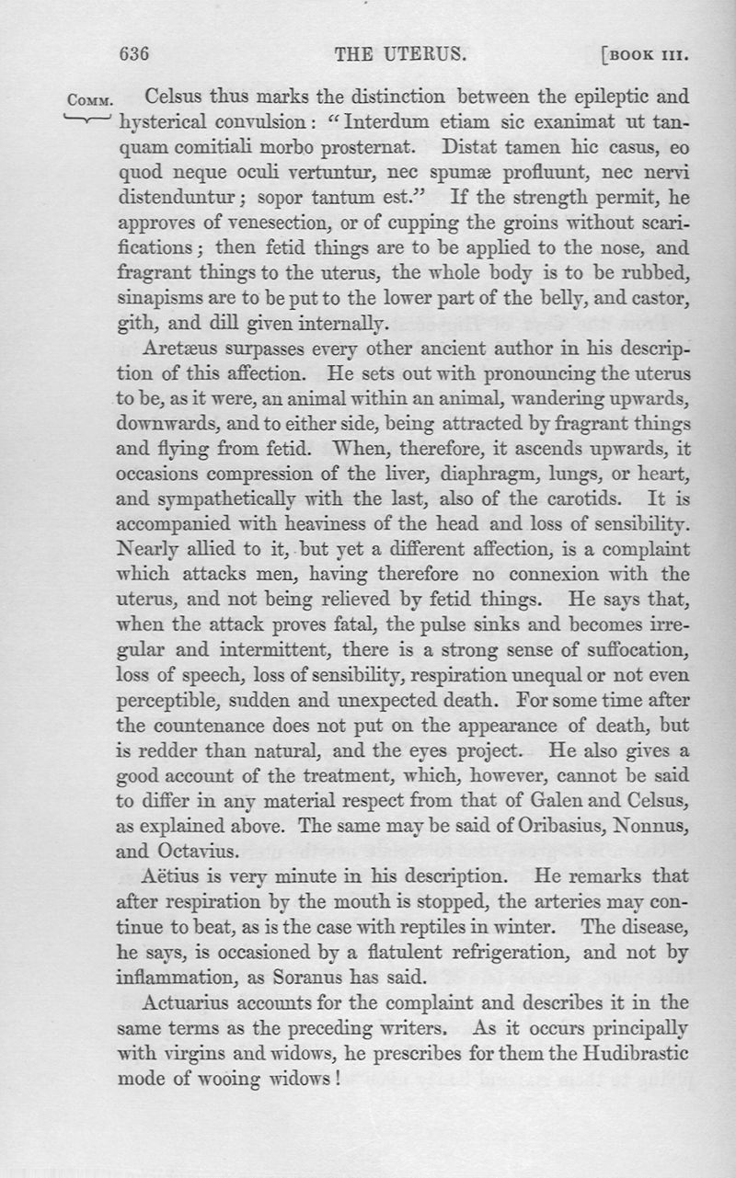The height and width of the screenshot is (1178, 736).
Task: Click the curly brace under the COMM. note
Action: tap(88, 120)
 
